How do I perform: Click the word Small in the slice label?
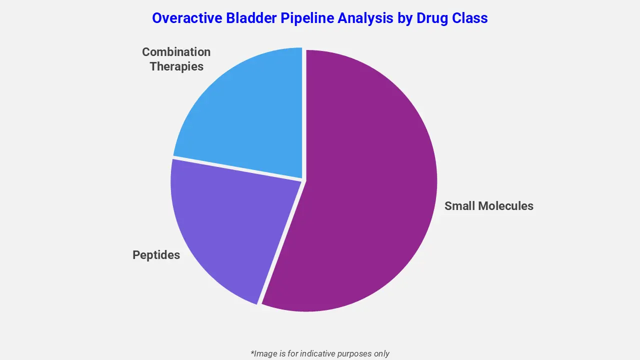click(x=459, y=206)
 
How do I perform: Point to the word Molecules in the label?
click(x=505, y=206)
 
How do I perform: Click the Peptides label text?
click(x=156, y=255)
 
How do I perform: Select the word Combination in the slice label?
click(x=176, y=52)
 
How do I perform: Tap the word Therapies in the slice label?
click(x=176, y=66)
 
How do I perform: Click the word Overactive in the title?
click(x=186, y=18)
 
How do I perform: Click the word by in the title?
click(x=403, y=18)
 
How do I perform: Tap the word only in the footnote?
click(x=381, y=353)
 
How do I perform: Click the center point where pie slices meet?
click(x=303, y=180)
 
